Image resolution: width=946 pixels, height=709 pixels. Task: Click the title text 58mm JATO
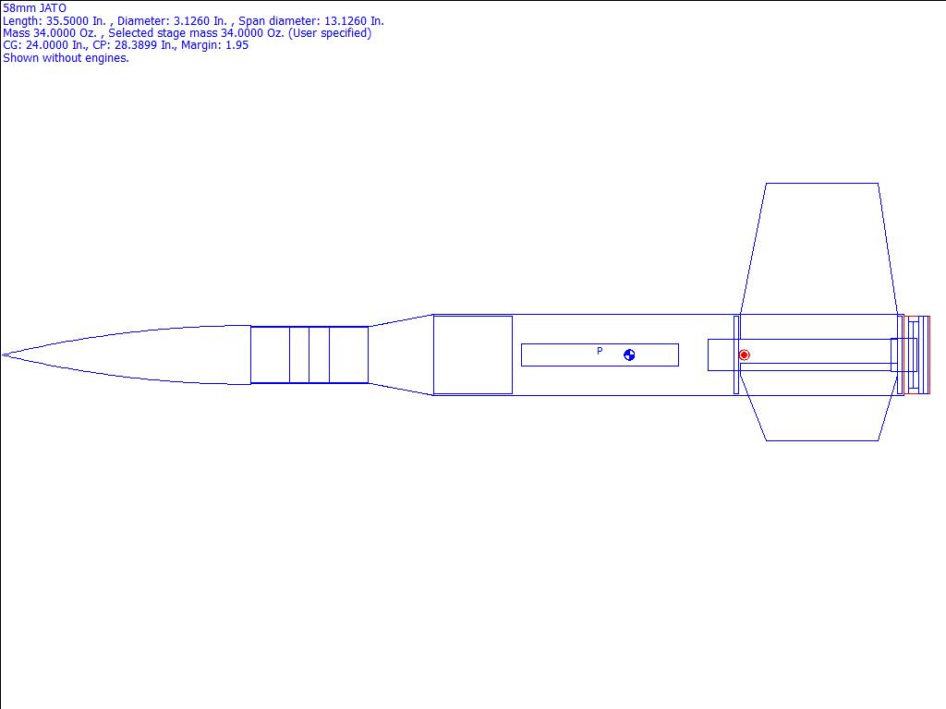(x=34, y=8)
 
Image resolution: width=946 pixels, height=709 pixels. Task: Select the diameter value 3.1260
(x=193, y=21)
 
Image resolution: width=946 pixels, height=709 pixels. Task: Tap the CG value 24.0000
(x=46, y=45)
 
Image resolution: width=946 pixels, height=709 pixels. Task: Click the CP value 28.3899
(x=137, y=45)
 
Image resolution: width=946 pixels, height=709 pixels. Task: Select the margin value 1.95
(x=237, y=45)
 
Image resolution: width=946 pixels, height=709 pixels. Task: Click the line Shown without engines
(x=66, y=58)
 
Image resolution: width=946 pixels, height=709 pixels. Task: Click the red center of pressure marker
(x=744, y=355)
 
